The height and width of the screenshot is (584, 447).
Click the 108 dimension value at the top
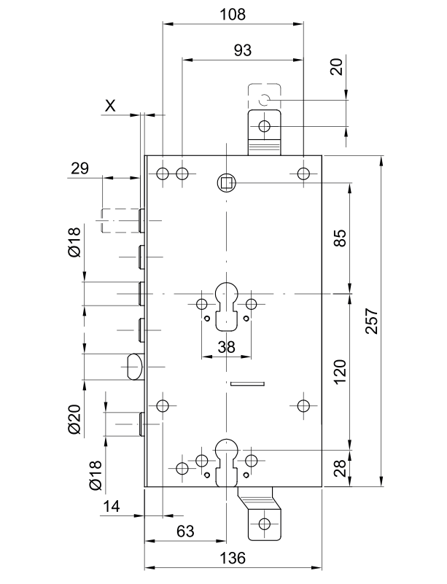pyautogui.click(x=233, y=14)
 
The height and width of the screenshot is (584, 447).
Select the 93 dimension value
pyautogui.click(x=243, y=50)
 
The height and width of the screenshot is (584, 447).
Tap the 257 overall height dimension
pyautogui.click(x=372, y=321)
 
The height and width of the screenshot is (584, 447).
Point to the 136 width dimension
pyautogui.click(x=233, y=558)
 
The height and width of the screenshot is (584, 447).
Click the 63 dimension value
pyautogui.click(x=185, y=531)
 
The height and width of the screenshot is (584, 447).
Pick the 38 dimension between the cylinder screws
pyautogui.click(x=227, y=347)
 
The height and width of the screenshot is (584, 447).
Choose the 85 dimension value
pyautogui.click(x=339, y=238)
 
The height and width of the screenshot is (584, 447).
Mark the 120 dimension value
pyautogui.click(x=339, y=372)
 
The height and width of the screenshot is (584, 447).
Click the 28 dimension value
pyautogui.click(x=339, y=468)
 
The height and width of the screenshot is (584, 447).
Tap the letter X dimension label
pyautogui.click(x=110, y=106)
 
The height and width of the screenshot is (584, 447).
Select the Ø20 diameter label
pyautogui.click(x=74, y=419)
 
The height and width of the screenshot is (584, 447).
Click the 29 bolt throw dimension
pyautogui.click(x=80, y=168)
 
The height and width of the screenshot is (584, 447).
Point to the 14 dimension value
pyautogui.click(x=111, y=506)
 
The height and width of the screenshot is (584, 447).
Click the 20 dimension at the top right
pyautogui.click(x=337, y=67)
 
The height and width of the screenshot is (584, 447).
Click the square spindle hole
pyautogui.click(x=226, y=183)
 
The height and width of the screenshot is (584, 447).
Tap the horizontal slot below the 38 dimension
pyautogui.click(x=247, y=384)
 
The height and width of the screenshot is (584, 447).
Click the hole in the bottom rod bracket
pyautogui.click(x=265, y=523)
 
